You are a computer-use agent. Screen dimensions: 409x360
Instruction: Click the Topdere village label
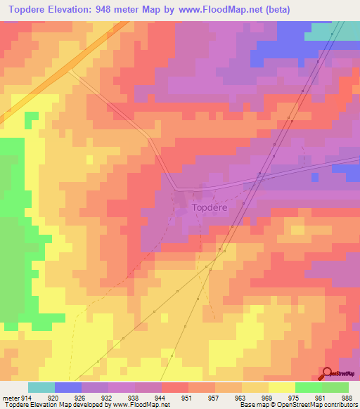coord(210,208)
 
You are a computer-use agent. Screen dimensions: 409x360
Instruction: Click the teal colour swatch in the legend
coord(41,387)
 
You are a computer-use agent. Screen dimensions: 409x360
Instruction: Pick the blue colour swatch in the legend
coord(68,387)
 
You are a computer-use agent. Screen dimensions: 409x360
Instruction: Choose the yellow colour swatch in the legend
coord(281,387)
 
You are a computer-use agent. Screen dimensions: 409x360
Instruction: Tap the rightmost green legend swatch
coord(335,387)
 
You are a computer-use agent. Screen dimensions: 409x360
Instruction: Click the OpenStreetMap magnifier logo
coord(327,373)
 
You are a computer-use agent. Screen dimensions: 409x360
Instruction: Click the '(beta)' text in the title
coord(274,9)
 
